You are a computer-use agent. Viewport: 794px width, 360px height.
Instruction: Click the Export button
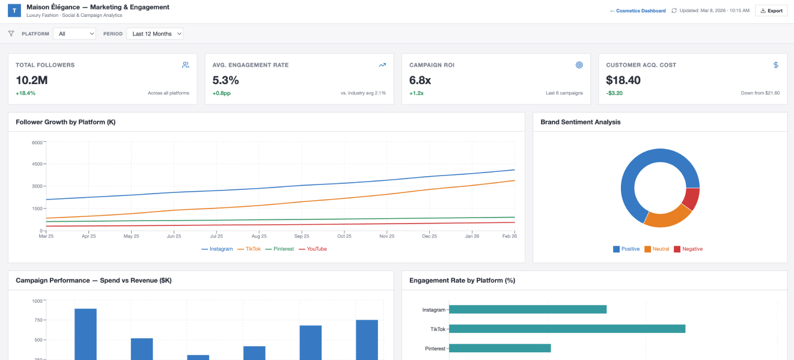click(771, 11)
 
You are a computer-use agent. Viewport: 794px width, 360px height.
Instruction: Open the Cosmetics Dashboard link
click(638, 11)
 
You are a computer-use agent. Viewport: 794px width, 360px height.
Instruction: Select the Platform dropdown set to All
click(75, 34)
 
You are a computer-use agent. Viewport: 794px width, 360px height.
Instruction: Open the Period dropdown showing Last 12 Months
click(154, 34)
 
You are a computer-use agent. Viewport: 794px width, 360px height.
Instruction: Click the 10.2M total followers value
click(32, 80)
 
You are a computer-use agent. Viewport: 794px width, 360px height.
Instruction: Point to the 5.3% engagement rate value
click(226, 80)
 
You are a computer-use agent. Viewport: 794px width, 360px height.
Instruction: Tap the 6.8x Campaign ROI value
click(421, 80)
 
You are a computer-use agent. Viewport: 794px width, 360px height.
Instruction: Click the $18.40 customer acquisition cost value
click(623, 80)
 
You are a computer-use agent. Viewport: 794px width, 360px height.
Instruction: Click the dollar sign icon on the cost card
click(775, 65)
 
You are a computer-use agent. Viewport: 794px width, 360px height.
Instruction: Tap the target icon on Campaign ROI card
click(579, 65)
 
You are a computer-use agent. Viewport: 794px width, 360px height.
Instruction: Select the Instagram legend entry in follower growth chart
click(217, 249)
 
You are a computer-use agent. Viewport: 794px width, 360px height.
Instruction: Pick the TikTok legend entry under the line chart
click(252, 249)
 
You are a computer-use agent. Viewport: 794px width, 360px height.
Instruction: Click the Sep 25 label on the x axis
click(302, 236)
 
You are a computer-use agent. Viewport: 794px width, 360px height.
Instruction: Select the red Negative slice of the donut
click(692, 200)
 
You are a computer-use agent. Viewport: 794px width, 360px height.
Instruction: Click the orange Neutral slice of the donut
click(668, 216)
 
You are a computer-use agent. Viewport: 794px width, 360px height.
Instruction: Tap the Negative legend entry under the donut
click(688, 249)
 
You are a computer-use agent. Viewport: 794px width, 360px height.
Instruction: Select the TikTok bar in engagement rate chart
click(567, 329)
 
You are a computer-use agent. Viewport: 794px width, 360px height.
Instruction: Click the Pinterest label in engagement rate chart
click(435, 349)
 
